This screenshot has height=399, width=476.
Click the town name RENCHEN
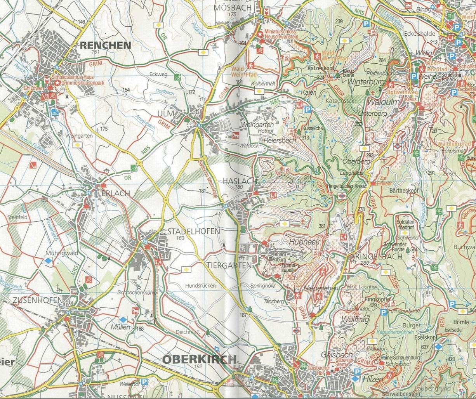105,45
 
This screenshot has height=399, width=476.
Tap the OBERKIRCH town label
199,359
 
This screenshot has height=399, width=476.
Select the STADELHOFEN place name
193,231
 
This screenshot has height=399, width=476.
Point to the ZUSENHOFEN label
37,300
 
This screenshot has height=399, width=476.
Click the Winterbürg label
366,82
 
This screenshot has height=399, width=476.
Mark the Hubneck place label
304,241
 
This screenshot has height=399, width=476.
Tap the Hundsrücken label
200,285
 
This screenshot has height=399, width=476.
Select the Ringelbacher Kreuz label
342,186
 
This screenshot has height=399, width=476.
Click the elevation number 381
321,226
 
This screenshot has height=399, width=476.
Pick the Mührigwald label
62,253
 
